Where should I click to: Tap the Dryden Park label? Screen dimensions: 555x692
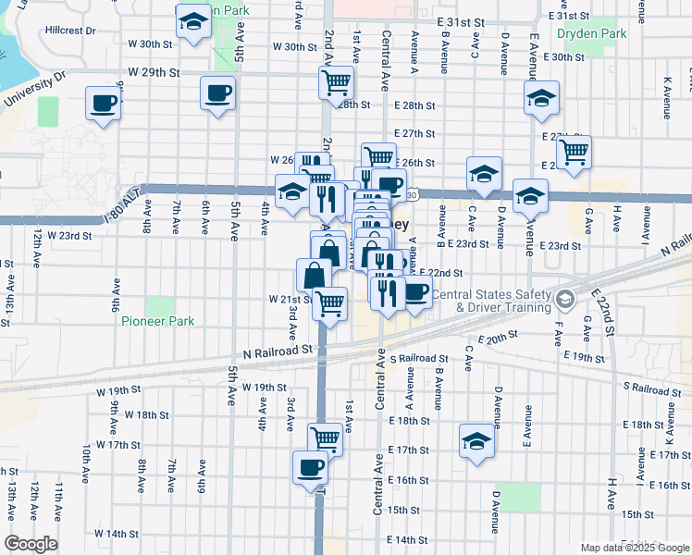click(592, 34)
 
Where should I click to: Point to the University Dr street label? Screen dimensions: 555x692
click(34, 89)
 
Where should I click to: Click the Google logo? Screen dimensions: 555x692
click(31, 544)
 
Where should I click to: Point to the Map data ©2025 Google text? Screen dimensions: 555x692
click(634, 548)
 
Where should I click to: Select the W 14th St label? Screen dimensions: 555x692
click(115, 534)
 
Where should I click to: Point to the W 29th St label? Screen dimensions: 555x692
click(153, 71)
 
